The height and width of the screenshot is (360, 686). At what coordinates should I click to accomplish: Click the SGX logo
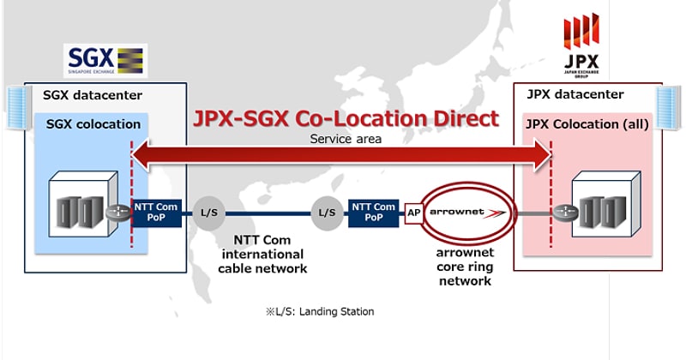[105, 61]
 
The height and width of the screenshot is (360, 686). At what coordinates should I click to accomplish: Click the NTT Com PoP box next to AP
[373, 212]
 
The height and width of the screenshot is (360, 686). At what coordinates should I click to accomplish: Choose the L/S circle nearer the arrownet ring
[326, 212]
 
